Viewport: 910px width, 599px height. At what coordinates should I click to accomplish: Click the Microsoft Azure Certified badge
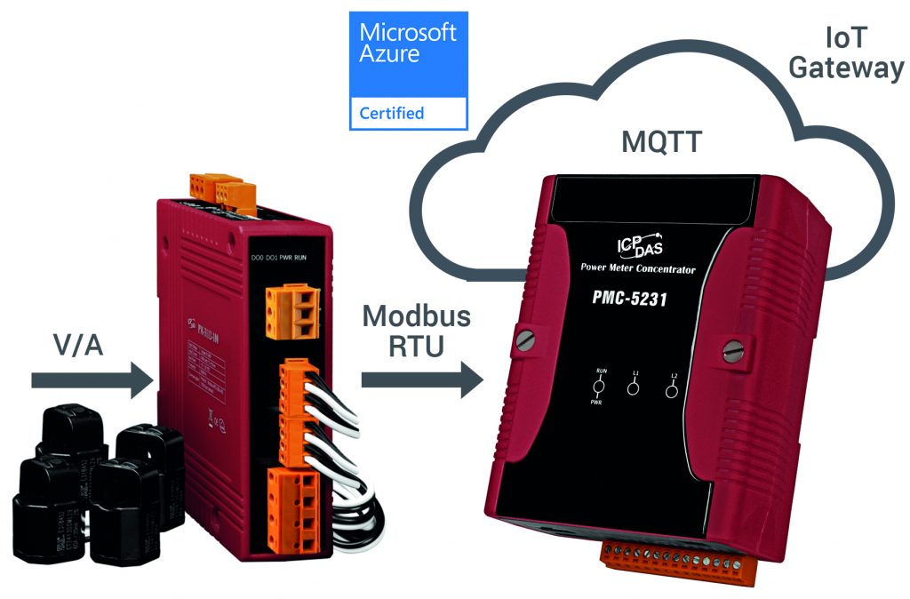click(408, 69)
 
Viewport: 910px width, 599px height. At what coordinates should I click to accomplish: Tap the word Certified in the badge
click(391, 113)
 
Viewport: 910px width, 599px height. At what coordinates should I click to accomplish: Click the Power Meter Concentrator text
click(637, 268)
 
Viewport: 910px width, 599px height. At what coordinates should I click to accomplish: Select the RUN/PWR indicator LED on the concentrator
click(599, 387)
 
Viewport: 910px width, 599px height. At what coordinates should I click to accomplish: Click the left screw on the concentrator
click(526, 339)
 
